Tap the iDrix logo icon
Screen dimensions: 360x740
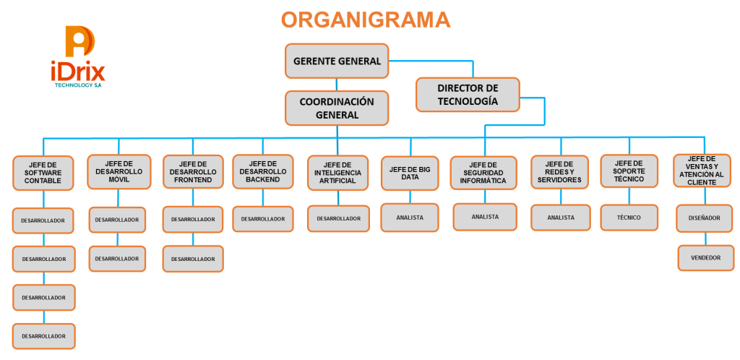[x=79, y=42]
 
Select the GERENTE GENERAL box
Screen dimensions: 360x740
[x=337, y=61]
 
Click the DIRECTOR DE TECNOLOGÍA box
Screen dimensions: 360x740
[x=468, y=95]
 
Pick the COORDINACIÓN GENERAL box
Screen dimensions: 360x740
[x=337, y=108]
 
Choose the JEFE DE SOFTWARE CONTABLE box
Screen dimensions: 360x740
[x=43, y=173]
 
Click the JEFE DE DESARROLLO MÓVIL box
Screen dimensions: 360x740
[x=119, y=172]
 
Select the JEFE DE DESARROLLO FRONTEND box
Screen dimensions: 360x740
[x=193, y=172]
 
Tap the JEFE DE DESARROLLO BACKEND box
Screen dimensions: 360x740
[x=263, y=171]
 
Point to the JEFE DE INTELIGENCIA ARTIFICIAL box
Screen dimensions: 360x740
[x=338, y=173]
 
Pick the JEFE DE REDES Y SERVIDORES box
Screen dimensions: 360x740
[x=560, y=172]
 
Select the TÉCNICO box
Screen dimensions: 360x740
[x=629, y=218]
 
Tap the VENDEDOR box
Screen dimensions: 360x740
[x=705, y=257]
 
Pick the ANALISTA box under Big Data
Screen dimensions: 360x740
[x=410, y=218]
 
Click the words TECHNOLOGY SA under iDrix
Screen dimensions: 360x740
[x=78, y=85]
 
